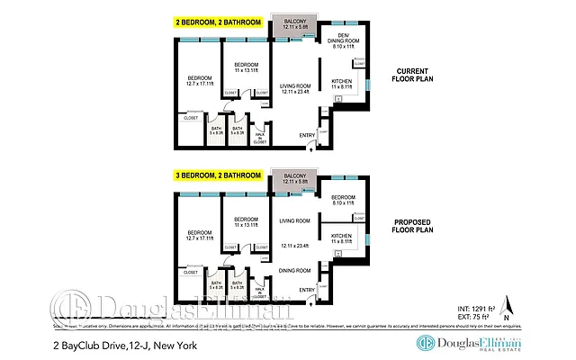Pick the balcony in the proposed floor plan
pyautogui.click(x=294, y=178)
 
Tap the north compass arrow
pyautogui.click(x=506, y=304)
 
